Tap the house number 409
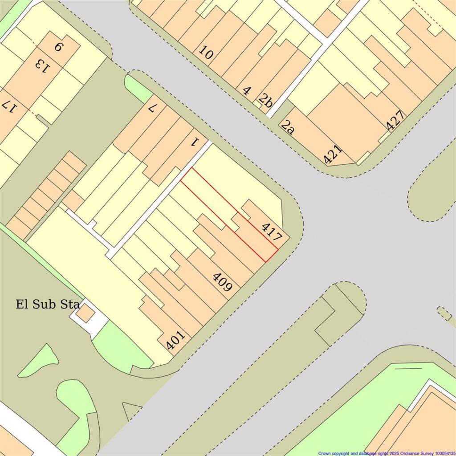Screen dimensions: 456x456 [x=222, y=282]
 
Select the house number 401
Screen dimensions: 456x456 [x=175, y=339]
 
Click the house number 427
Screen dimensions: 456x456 [x=396, y=121]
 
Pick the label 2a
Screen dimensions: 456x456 [x=288, y=126]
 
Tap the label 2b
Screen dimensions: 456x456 [x=265, y=101]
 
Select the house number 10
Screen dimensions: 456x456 [x=206, y=53]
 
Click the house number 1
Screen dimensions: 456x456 [x=194, y=142]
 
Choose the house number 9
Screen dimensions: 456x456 [x=58, y=47]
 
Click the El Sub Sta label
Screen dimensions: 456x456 [x=48, y=305]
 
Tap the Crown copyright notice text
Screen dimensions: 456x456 [x=386, y=453]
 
